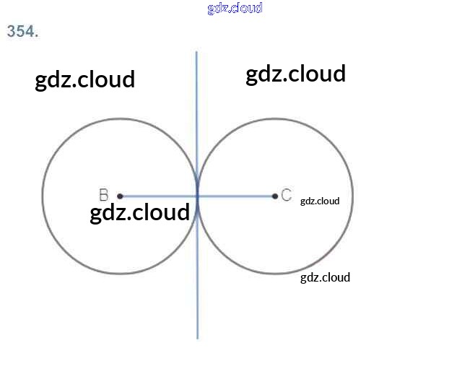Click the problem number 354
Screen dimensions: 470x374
click(22, 31)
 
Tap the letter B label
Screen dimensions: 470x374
click(103, 195)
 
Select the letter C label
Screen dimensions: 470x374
click(287, 195)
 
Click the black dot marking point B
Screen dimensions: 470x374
click(120, 196)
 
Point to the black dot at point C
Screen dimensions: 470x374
click(275, 196)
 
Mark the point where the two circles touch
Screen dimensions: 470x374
click(197, 196)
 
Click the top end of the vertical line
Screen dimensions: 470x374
click(196, 52)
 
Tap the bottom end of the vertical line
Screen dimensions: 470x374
click(198, 337)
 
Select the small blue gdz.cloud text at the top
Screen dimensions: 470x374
click(235, 8)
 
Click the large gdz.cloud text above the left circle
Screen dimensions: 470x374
click(85, 79)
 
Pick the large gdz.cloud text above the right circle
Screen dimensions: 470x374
click(296, 74)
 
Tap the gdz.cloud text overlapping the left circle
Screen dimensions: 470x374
click(140, 212)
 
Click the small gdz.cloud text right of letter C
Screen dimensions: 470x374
click(320, 201)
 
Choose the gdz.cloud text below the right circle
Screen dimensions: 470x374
click(325, 277)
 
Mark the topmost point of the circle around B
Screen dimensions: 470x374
click(120, 118)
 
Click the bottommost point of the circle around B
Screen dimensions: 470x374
click(120, 274)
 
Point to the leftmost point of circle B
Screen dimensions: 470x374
click(43, 196)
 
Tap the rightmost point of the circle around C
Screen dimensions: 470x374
click(353, 196)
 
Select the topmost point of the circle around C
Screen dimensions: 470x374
click(275, 118)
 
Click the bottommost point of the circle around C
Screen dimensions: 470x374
click(275, 274)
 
